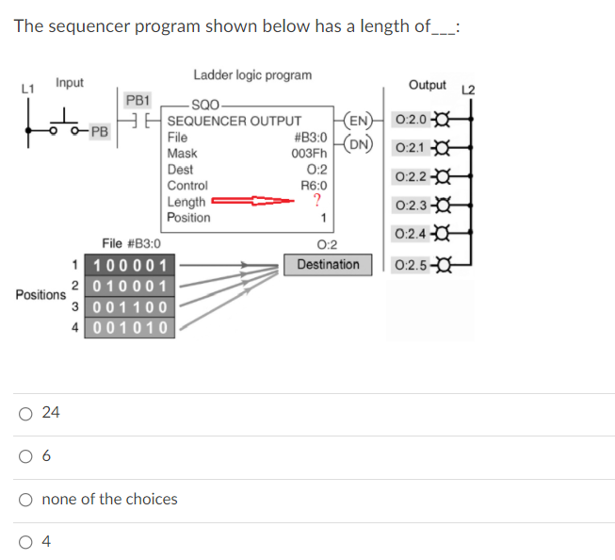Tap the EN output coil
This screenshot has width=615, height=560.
click(x=357, y=121)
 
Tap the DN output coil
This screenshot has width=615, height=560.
click(x=357, y=144)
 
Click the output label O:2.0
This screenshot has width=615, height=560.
click(x=412, y=120)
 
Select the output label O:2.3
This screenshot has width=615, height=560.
click(x=412, y=206)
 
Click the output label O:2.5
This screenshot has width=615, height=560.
click(x=412, y=264)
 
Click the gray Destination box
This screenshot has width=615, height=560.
click(x=328, y=265)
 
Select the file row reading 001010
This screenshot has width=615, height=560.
click(x=131, y=327)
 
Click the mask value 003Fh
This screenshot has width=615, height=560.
click(x=309, y=154)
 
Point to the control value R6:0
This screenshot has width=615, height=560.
click(x=313, y=186)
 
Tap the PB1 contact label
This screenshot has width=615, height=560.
click(x=138, y=99)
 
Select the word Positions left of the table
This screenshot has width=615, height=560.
click(x=40, y=295)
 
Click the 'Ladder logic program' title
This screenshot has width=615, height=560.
click(x=252, y=74)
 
